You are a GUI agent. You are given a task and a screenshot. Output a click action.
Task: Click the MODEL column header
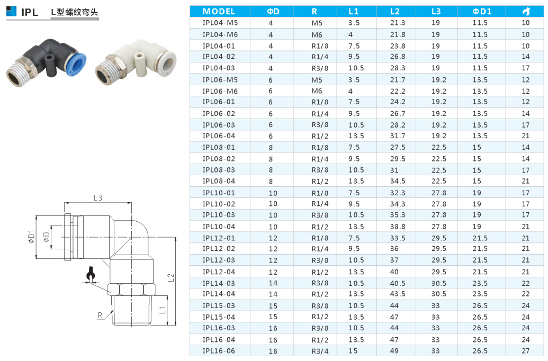coord(219,12)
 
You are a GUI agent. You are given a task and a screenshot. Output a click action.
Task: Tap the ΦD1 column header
coord(482,12)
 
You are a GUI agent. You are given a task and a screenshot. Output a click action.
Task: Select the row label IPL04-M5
coord(220,23)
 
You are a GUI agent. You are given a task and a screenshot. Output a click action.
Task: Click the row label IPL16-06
coord(219,351)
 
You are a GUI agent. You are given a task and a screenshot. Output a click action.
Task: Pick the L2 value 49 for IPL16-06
coord(394,351)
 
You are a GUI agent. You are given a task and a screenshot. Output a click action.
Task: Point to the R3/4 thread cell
coord(320,351)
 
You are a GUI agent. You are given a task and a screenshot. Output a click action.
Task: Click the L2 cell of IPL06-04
coord(398,136)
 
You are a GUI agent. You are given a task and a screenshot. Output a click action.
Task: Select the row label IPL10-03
coord(219,215)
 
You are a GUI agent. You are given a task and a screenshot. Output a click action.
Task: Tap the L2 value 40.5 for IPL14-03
coord(398,283)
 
